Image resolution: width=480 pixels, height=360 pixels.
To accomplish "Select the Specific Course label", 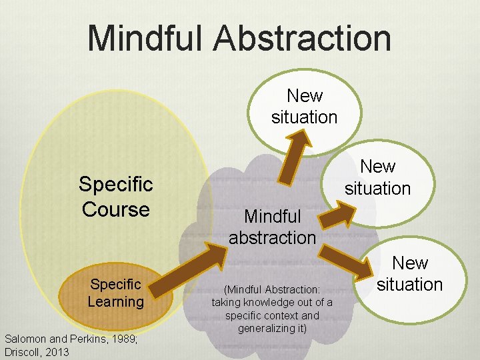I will tap(115, 197).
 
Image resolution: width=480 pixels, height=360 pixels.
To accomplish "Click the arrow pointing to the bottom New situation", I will tap(347, 261).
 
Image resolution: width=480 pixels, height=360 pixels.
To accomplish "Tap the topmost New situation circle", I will tap(304, 107).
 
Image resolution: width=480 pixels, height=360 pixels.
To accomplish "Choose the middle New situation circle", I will tap(377, 177).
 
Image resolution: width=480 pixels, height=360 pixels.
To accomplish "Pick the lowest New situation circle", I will tap(409, 274).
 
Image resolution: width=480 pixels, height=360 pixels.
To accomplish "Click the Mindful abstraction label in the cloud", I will tap(272, 227).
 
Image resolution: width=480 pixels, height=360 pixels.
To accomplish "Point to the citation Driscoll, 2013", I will tap(37, 351).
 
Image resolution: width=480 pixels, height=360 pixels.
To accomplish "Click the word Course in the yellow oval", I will tap(115, 209).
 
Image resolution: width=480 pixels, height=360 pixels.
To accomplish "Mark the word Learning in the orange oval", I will tap(115, 302).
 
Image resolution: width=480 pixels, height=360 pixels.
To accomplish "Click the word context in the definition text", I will tap(287, 315).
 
